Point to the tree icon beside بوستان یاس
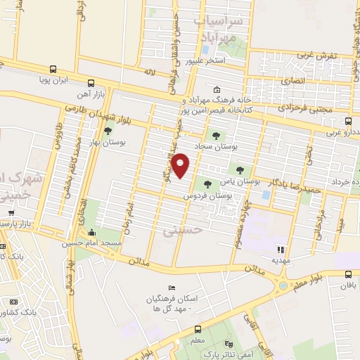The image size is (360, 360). pyautogui.click(x=240, y=169)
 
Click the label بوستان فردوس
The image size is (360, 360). pyautogui.click(x=226, y=195)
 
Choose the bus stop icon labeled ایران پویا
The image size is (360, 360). pyautogui.click(x=51, y=70)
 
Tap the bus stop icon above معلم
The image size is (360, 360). pyautogui.click(x=198, y=329)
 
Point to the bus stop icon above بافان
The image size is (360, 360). pyautogui.click(x=348, y=275)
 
